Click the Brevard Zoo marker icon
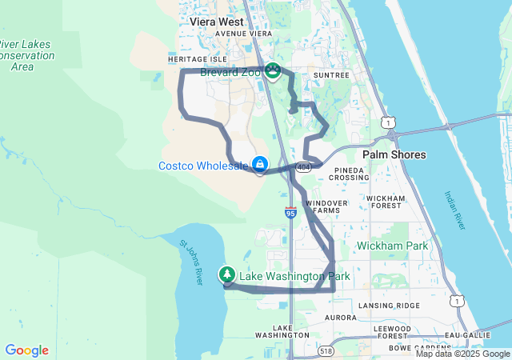click(273, 71)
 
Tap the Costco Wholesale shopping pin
click(260, 165)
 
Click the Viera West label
click(217, 22)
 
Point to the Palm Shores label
click(394, 154)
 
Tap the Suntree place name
click(331, 75)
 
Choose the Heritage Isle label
click(198, 59)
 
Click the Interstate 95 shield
click(290, 213)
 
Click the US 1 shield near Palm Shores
click(388, 122)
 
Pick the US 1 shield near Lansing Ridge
click(455, 300)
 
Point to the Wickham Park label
click(392, 246)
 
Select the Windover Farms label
click(326, 206)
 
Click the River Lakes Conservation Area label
click(26, 55)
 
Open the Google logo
click(26, 350)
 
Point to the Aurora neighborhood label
click(340, 318)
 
